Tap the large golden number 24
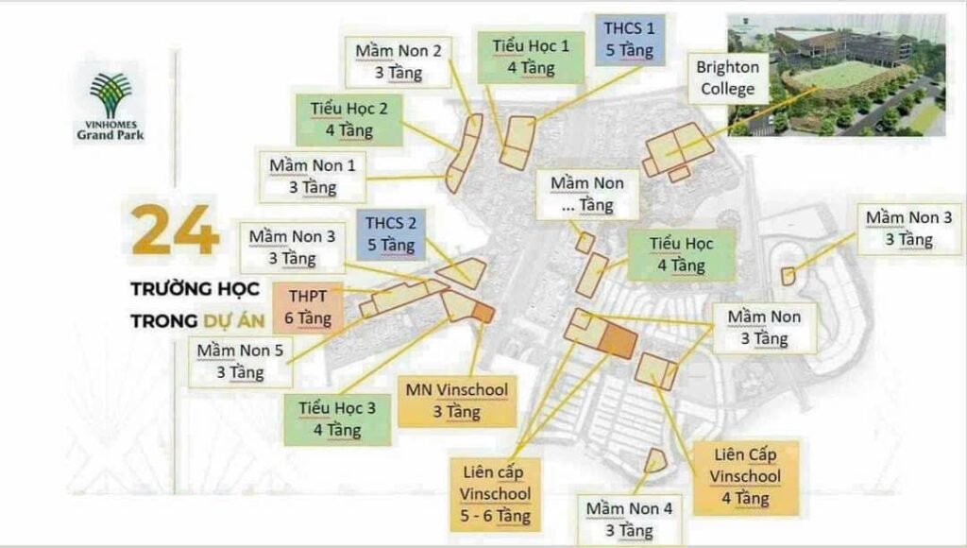tap(175, 231)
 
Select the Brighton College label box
tap(727, 78)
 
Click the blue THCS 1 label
tap(629, 38)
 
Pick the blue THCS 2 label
tap(391, 234)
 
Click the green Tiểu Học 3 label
tap(337, 419)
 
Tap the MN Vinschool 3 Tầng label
tap(457, 400)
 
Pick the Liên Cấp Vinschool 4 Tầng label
tap(745, 476)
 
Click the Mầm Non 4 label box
tap(630, 519)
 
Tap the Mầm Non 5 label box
tap(240, 361)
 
